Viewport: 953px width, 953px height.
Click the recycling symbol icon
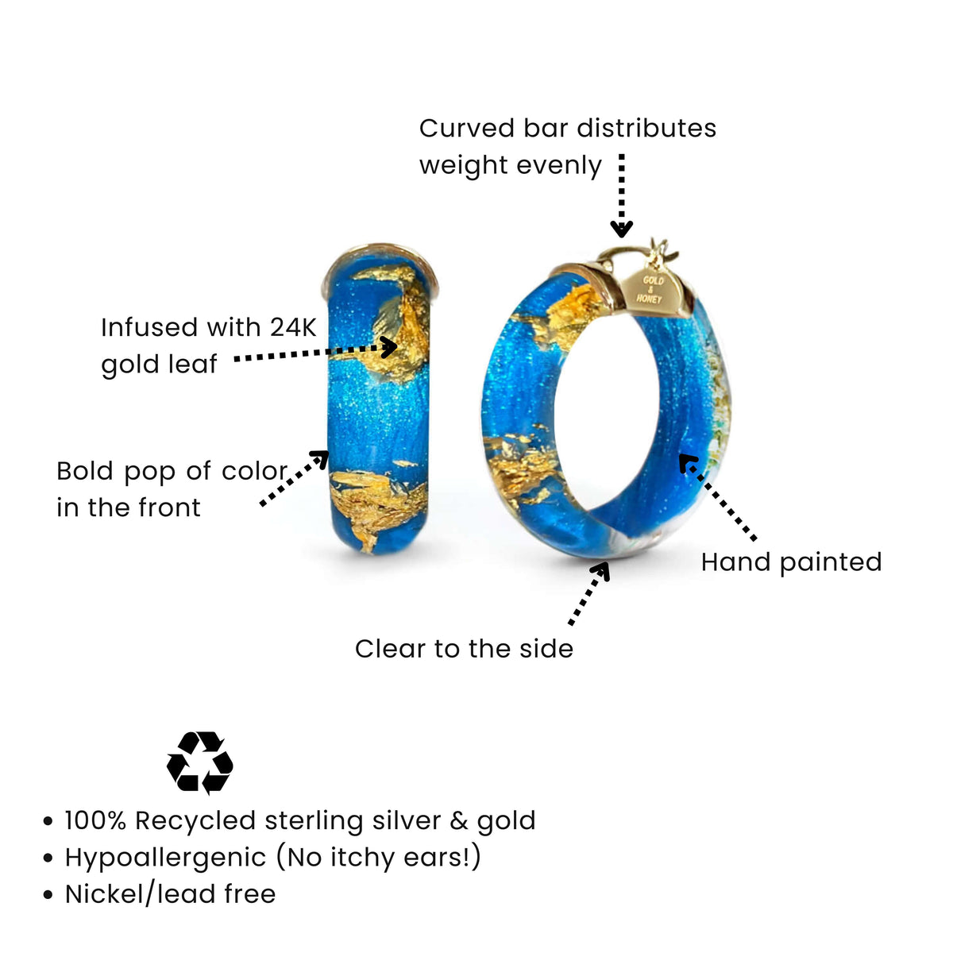[199, 762]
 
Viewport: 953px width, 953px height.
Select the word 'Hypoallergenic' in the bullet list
[165, 858]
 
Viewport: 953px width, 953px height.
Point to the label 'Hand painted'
[791, 562]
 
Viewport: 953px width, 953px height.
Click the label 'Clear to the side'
[464, 649]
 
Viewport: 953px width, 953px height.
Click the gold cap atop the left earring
[380, 261]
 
